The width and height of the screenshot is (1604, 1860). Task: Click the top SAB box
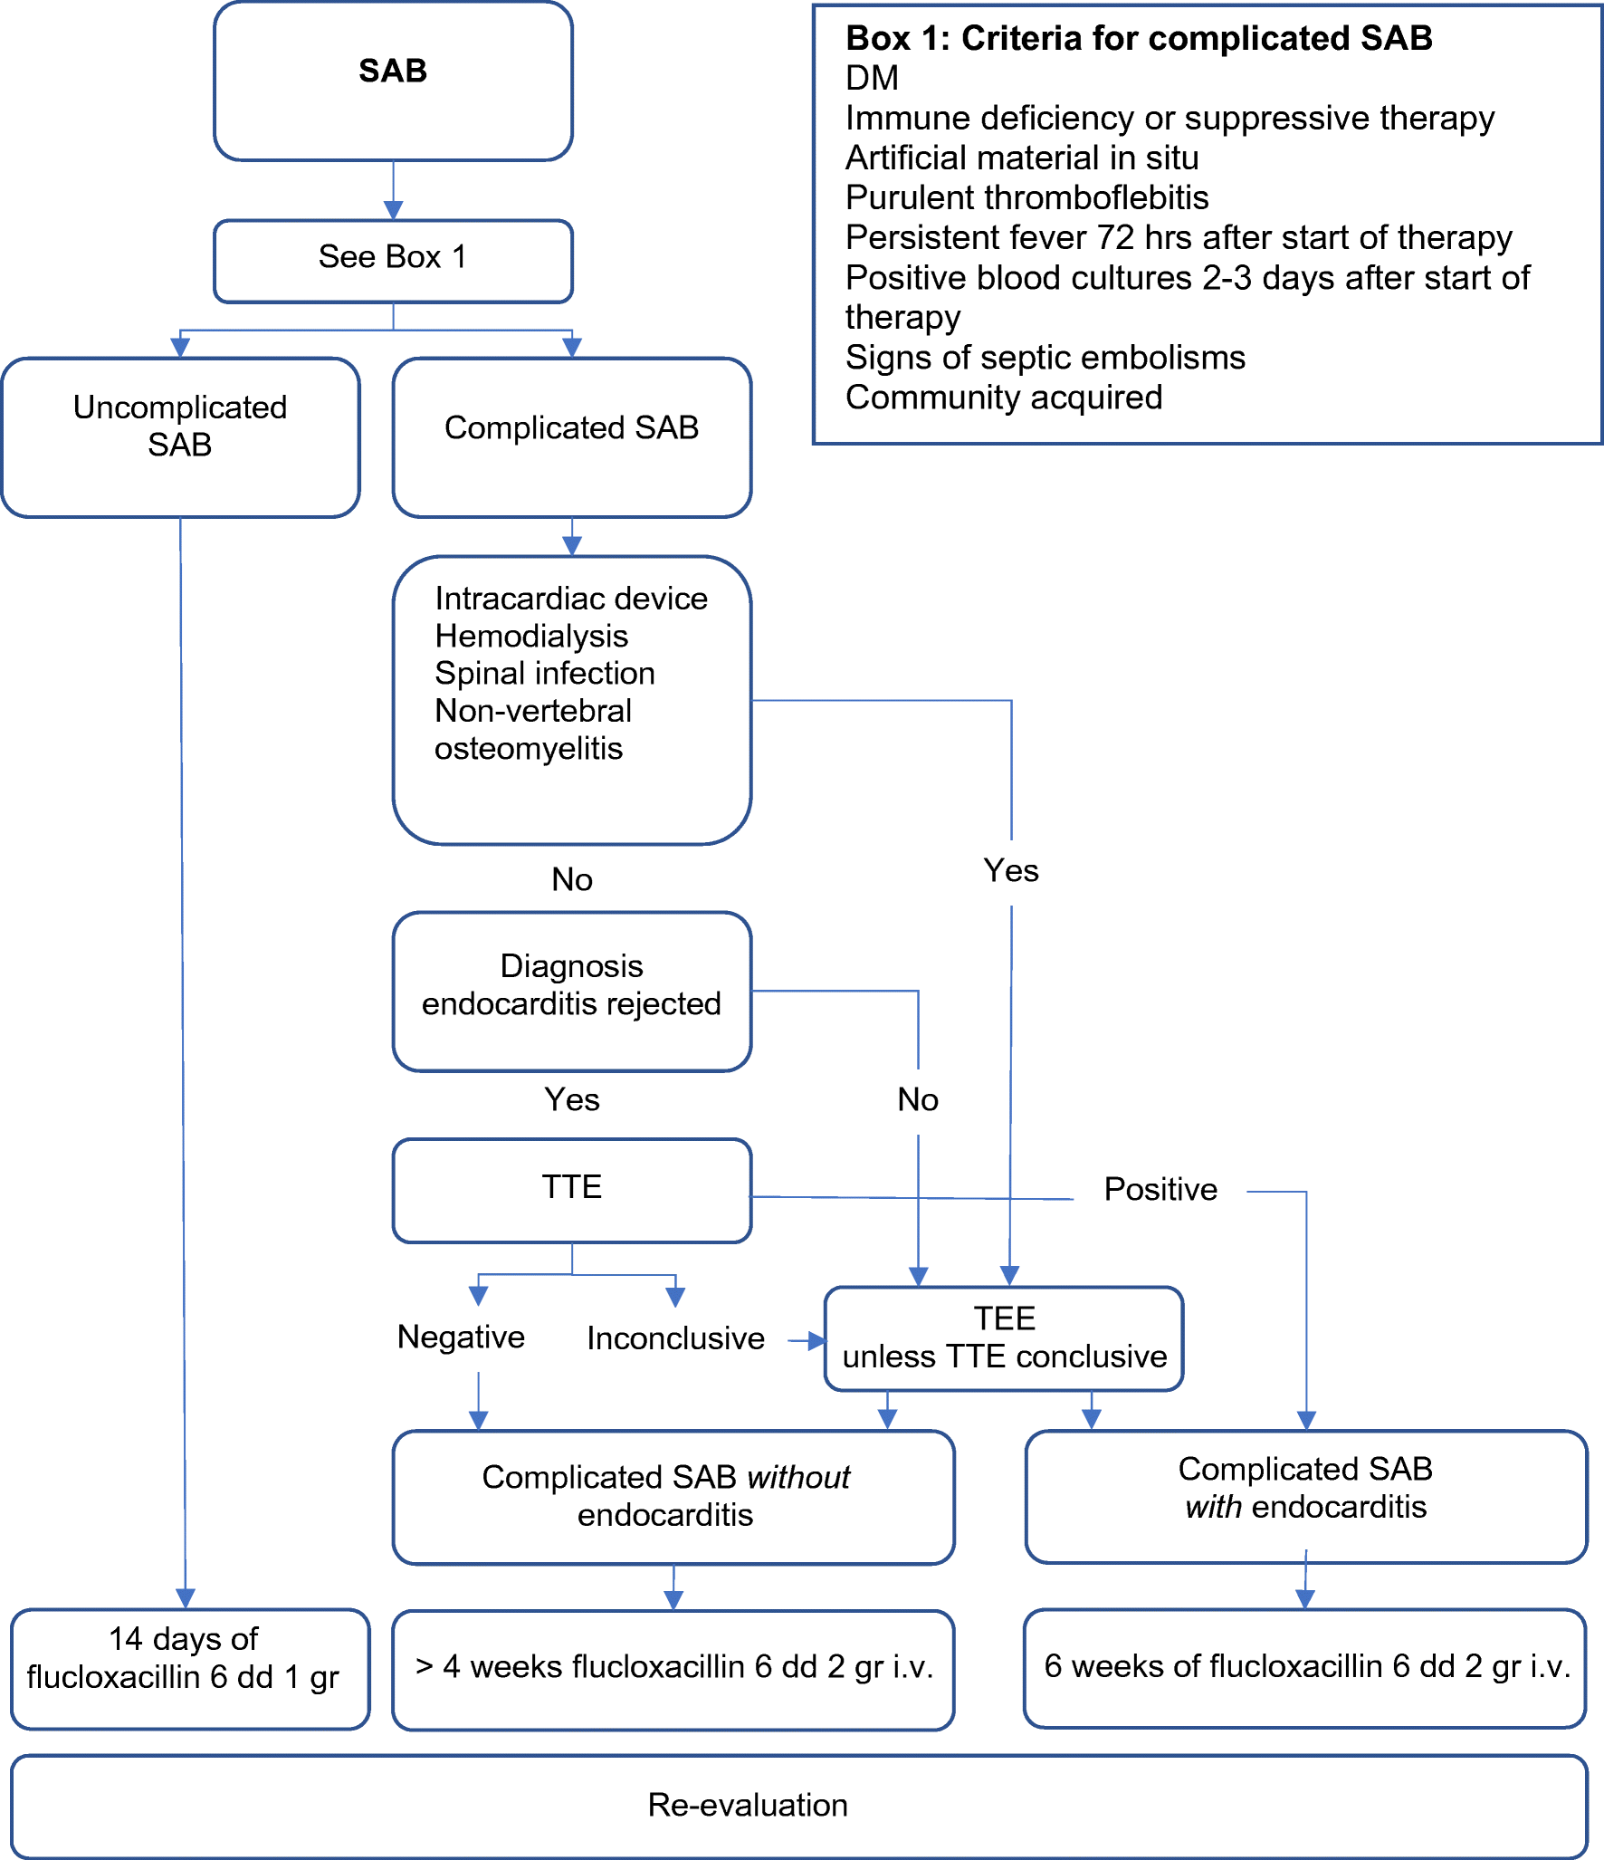392,81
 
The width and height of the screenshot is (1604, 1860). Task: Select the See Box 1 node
392,259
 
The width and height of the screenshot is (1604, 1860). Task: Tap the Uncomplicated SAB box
180,436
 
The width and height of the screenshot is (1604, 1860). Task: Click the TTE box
571,1189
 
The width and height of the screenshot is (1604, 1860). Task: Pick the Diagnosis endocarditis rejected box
571,990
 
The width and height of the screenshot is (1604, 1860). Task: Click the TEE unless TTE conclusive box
1003,1337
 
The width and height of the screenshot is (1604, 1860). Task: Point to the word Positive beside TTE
1160,1190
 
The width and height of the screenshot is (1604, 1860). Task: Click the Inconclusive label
675,1338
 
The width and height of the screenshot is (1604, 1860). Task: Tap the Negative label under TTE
461,1337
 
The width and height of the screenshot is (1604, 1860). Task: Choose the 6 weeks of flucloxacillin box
1304,1667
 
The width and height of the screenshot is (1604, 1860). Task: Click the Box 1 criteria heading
1138,39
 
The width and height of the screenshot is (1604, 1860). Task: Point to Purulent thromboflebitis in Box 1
1026,197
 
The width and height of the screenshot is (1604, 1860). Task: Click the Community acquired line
1003,398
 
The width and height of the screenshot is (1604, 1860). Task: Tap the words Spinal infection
544,674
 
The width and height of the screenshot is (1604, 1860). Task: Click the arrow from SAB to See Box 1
393,192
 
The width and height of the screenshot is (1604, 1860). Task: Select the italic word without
798,1478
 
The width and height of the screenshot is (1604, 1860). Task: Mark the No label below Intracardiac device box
571,879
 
